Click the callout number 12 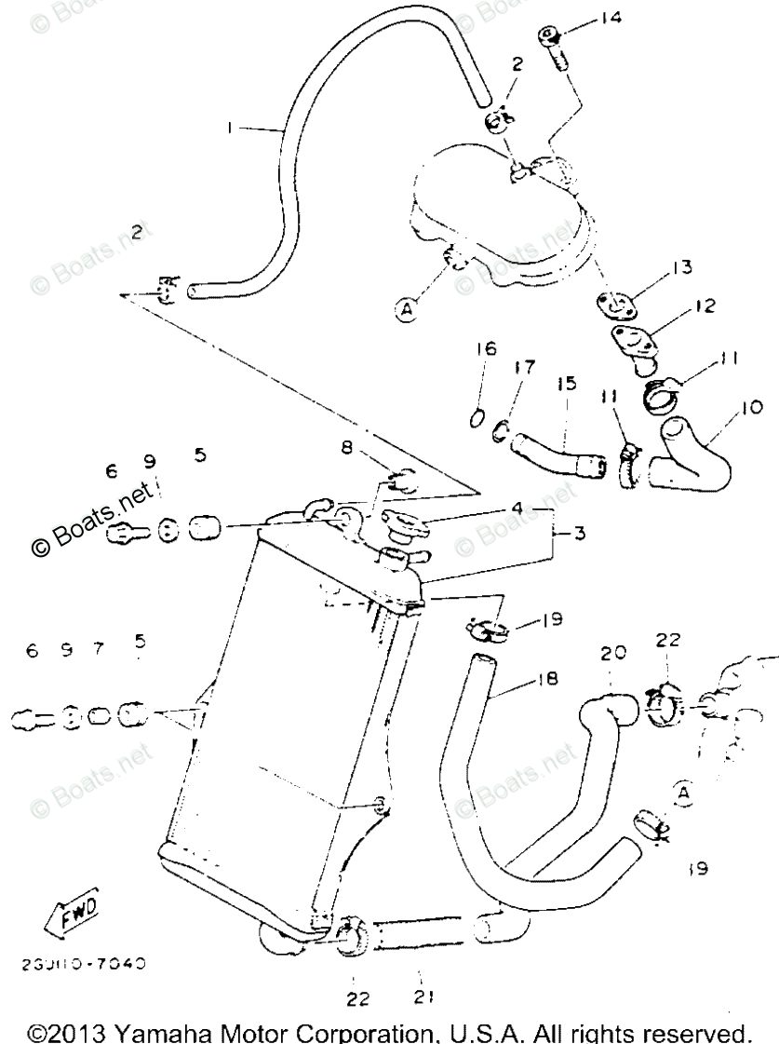point(704,305)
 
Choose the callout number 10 point(752,407)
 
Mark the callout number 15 point(567,383)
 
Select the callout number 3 point(578,535)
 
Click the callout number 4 point(540,508)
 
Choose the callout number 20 point(611,653)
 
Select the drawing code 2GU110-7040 point(85,964)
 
